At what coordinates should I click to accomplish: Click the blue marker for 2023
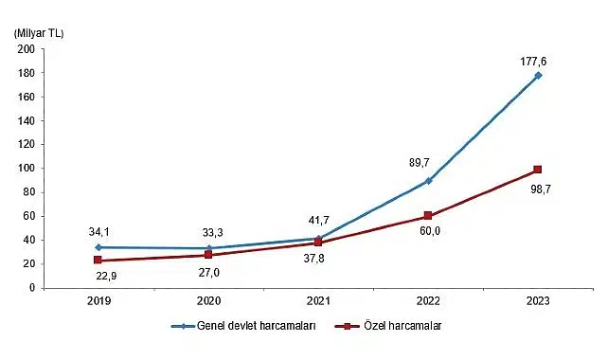tap(537, 76)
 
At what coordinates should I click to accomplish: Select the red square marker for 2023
tap(537, 170)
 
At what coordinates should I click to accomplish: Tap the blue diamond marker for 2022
tap(427, 180)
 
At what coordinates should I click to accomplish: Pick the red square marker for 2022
tap(427, 216)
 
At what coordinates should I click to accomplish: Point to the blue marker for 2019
tap(98, 246)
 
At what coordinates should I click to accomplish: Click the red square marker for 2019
tap(98, 260)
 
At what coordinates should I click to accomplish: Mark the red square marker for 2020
tap(207, 255)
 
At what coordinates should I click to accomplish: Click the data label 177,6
tap(534, 62)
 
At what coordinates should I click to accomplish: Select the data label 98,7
tap(538, 189)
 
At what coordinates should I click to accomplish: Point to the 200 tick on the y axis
tap(27, 49)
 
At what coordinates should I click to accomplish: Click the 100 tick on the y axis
tap(27, 168)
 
